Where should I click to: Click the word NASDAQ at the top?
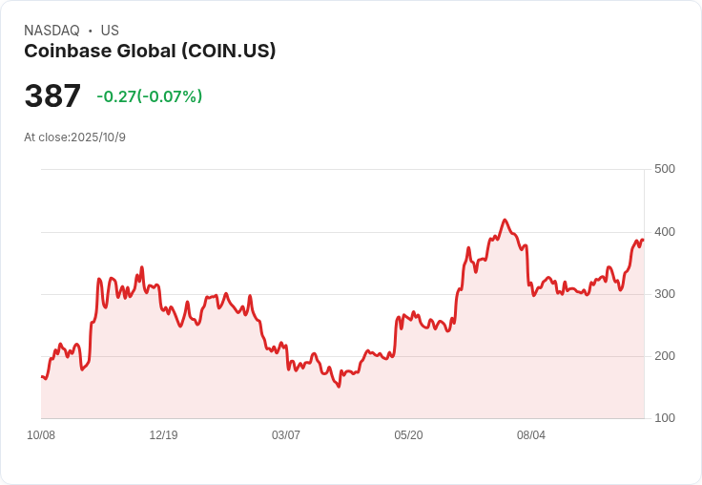click(x=52, y=31)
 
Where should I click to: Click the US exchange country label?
click(x=110, y=31)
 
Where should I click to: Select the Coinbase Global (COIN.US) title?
click(x=150, y=52)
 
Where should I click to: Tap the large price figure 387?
click(x=52, y=96)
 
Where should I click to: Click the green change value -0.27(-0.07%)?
click(x=149, y=96)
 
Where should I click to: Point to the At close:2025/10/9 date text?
click(x=74, y=137)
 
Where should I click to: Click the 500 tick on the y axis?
click(x=664, y=169)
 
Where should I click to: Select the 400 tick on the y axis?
click(x=664, y=231)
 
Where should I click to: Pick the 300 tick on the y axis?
click(x=664, y=293)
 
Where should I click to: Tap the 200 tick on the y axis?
click(x=664, y=355)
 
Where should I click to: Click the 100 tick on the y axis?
click(x=664, y=417)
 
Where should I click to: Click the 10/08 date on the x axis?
click(x=41, y=435)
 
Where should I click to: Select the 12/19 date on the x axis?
click(x=163, y=435)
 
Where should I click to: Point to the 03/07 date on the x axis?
click(x=286, y=435)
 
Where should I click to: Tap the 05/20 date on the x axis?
click(x=408, y=435)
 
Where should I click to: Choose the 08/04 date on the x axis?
click(x=531, y=435)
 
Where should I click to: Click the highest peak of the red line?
click(x=505, y=220)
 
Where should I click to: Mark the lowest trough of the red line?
click(x=339, y=387)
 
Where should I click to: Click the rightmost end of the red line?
click(x=644, y=240)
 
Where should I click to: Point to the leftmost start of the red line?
click(x=41, y=376)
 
